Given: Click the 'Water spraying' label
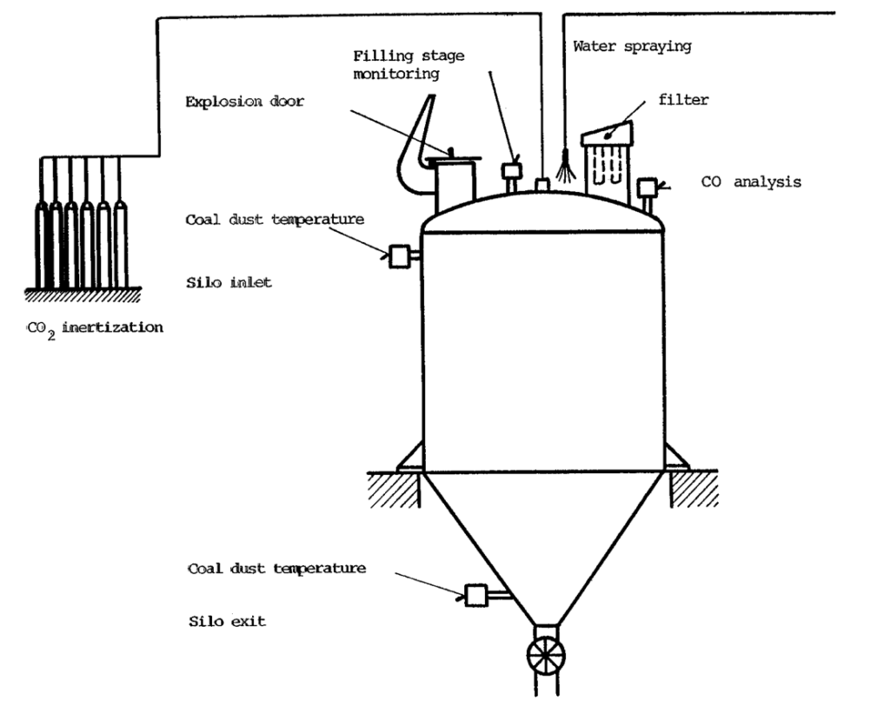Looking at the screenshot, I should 632,46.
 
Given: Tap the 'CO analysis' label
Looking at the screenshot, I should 751,182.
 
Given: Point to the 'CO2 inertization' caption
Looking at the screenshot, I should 95,327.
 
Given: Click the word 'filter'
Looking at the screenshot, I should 684,100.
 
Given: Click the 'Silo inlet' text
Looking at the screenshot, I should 229,282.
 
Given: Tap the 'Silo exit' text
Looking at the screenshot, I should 226,622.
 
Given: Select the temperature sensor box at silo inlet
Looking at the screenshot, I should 402,255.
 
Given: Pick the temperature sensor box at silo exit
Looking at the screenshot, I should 477,595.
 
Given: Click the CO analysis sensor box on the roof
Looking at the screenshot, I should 647,188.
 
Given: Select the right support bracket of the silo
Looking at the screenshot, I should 676,458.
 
